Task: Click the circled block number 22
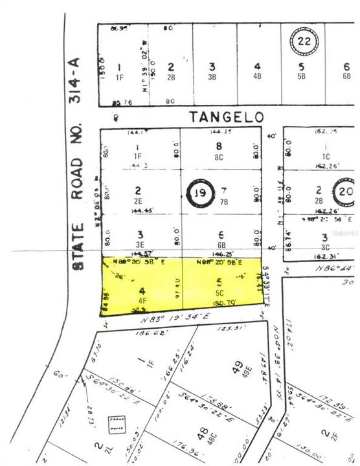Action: tap(302, 42)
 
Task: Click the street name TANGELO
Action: tap(227, 116)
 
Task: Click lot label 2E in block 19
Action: tap(138, 201)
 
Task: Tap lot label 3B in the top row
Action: tap(212, 76)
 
